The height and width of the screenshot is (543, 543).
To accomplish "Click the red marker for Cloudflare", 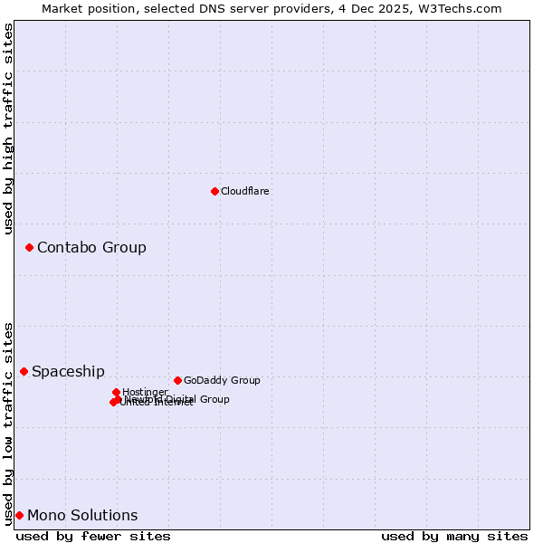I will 214,191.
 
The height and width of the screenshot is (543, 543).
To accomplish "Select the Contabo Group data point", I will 29,247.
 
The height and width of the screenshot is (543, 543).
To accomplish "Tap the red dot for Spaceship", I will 24,371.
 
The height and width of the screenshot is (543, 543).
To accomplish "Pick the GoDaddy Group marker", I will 177,380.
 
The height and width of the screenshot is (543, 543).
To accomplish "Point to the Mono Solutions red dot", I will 19,515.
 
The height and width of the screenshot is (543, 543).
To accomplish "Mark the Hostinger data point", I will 116,392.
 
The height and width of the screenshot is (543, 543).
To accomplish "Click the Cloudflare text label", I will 244,191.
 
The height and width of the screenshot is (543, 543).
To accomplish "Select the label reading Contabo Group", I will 91,247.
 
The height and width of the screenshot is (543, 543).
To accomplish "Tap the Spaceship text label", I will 68,371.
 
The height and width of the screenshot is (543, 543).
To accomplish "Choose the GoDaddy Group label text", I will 222,380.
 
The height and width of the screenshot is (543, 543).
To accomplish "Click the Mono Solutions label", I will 82,515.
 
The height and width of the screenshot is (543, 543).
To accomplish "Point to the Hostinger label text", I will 145,392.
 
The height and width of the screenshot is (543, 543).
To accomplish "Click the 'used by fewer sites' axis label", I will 93,536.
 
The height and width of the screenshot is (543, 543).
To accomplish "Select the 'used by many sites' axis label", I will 454,536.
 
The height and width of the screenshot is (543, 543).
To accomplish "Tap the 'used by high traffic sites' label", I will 8,129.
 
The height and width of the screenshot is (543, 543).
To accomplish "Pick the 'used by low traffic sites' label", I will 8,423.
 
